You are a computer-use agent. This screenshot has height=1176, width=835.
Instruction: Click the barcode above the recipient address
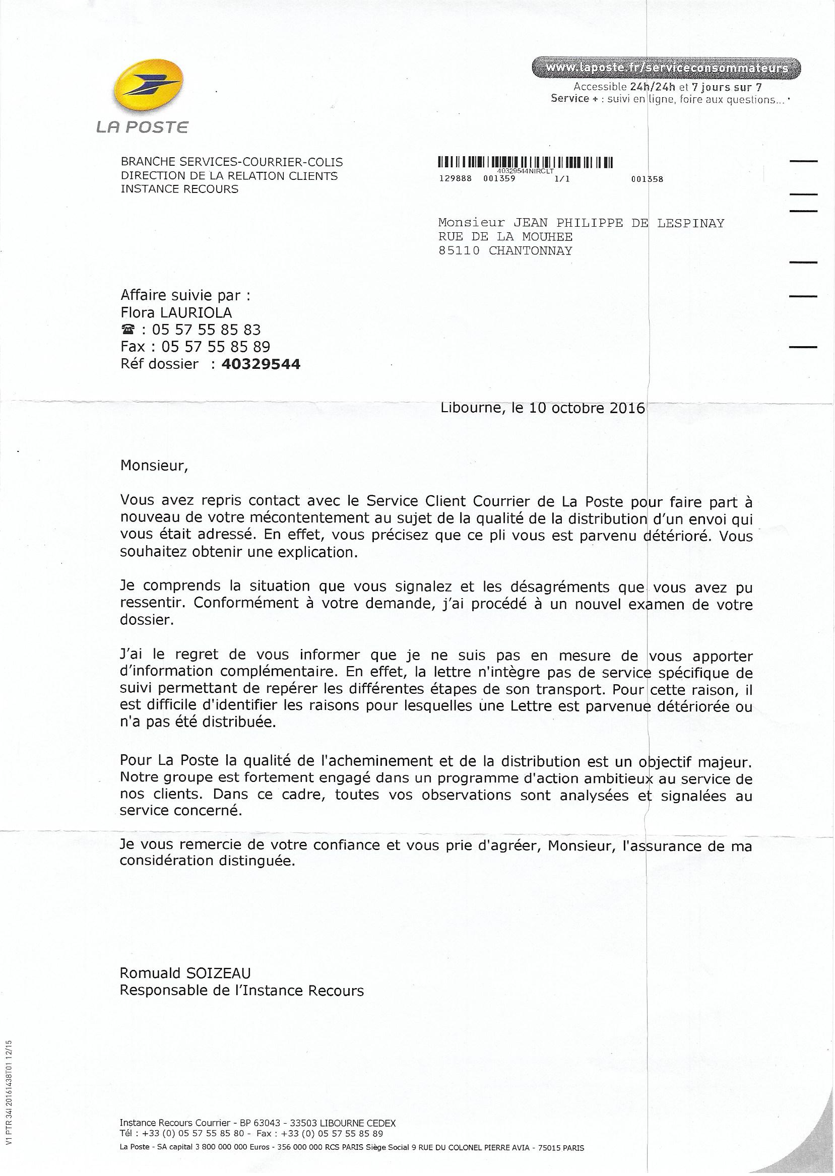(x=525, y=162)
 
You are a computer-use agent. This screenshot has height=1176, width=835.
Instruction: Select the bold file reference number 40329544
(x=261, y=364)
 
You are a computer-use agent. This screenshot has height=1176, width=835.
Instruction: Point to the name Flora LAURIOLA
(x=176, y=312)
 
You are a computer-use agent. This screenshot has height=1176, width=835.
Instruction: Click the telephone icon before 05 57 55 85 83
(x=127, y=330)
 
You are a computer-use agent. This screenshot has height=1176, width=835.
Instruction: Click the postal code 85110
(x=459, y=251)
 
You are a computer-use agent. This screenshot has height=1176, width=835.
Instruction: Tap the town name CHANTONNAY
(x=530, y=251)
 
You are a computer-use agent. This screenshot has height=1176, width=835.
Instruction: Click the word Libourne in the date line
(x=471, y=408)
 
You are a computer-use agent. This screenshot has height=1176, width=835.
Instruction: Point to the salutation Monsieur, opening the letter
(x=151, y=466)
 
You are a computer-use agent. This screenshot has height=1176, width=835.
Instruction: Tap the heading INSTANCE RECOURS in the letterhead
(x=179, y=188)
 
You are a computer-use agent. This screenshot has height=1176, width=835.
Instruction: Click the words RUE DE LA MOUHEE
(x=505, y=237)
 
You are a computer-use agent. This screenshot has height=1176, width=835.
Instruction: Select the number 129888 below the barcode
(x=454, y=179)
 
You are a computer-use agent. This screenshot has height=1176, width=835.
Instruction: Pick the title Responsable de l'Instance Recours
(x=242, y=991)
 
